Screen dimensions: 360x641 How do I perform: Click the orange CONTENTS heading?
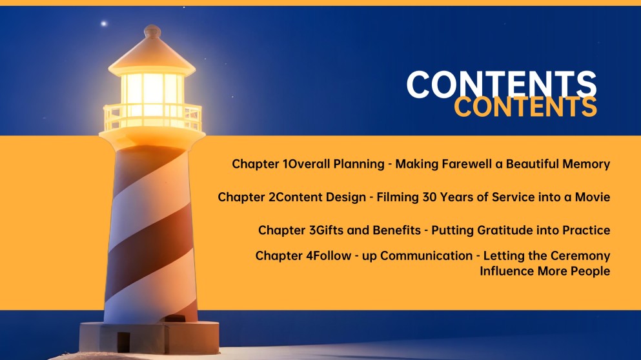(x=525, y=107)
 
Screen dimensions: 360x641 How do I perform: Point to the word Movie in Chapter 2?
(x=593, y=197)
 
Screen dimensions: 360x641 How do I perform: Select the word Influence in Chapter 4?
(x=507, y=271)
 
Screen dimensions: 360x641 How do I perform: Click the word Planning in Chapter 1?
(x=358, y=164)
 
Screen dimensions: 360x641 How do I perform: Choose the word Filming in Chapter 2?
(x=397, y=197)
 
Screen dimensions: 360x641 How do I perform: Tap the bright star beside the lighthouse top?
(x=103, y=24)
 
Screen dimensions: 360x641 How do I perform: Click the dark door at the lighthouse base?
(x=123, y=341)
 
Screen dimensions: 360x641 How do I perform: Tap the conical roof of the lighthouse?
(x=152, y=55)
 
